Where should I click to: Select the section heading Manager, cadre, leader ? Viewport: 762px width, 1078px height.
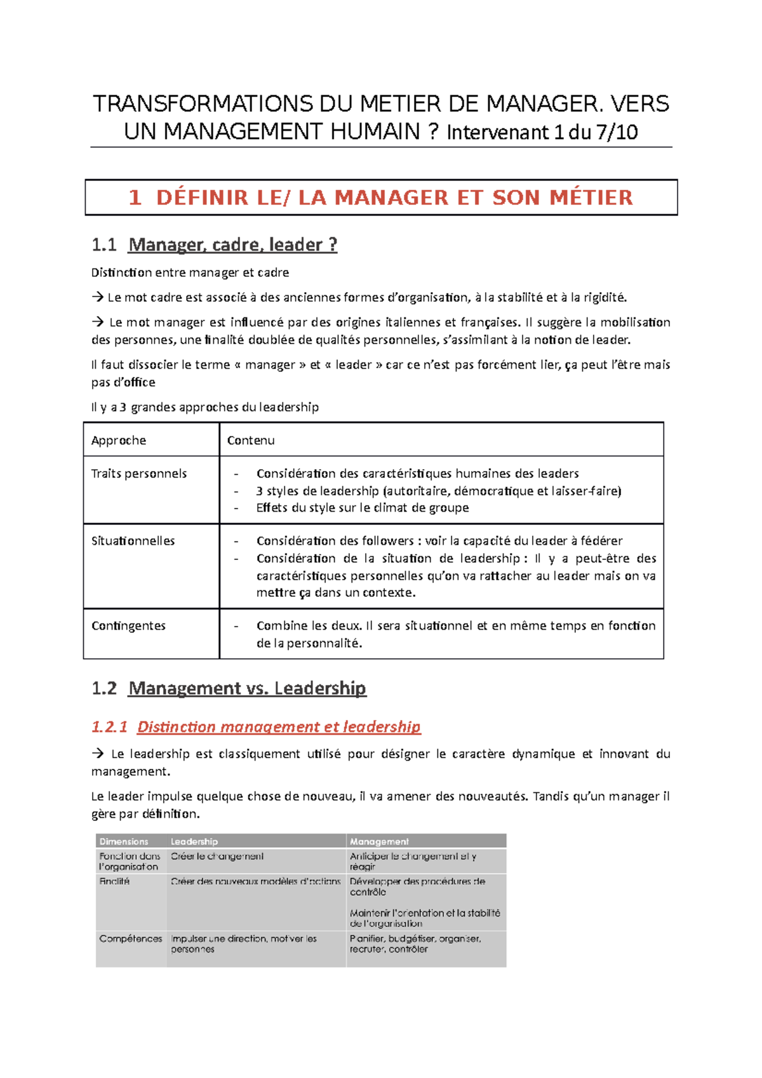point(232,244)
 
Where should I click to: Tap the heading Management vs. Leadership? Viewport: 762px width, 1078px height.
point(247,688)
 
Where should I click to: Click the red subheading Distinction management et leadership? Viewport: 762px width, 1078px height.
point(279,726)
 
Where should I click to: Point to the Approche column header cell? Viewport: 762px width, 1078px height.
point(119,440)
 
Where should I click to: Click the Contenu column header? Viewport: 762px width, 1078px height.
point(251,440)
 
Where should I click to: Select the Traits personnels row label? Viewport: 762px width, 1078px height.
point(139,474)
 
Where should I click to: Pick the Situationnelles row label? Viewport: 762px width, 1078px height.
point(133,541)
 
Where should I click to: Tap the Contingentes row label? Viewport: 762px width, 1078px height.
point(128,625)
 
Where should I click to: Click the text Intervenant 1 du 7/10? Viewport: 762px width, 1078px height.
point(542,132)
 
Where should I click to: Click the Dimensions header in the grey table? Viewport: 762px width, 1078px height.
point(124,841)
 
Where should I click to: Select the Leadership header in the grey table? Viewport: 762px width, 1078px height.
point(194,841)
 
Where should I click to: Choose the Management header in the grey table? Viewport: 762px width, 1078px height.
point(379,841)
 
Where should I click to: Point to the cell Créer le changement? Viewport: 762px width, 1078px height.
point(217,856)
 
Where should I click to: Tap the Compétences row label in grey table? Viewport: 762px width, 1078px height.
point(131,938)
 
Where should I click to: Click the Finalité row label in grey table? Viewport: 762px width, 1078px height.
point(114,881)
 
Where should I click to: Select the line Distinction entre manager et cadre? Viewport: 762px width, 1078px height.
point(190,272)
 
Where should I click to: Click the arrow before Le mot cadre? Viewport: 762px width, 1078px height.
point(97,297)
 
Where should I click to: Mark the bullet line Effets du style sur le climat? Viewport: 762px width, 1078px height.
point(363,507)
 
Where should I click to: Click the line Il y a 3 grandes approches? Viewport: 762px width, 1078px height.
point(204,407)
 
